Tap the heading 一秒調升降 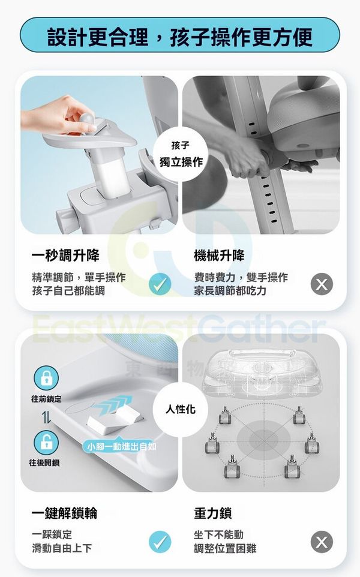pos(65,255)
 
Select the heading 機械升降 pos(219,255)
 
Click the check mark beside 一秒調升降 pos(160,284)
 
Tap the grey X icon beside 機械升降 pos(322,284)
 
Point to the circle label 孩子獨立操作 pos(181,154)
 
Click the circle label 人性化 pos(181,409)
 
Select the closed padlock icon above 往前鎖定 pos(46,378)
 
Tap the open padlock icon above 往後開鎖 pos(46,443)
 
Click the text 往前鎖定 pos(46,398)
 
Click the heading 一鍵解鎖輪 pos(65,513)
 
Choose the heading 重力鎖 pos(213,513)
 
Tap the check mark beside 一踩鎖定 pos(160,542)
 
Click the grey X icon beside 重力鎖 pos(322,542)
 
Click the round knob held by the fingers pos(87,119)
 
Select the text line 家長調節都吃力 pos(230,291)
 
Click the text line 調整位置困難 pos(225,548)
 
